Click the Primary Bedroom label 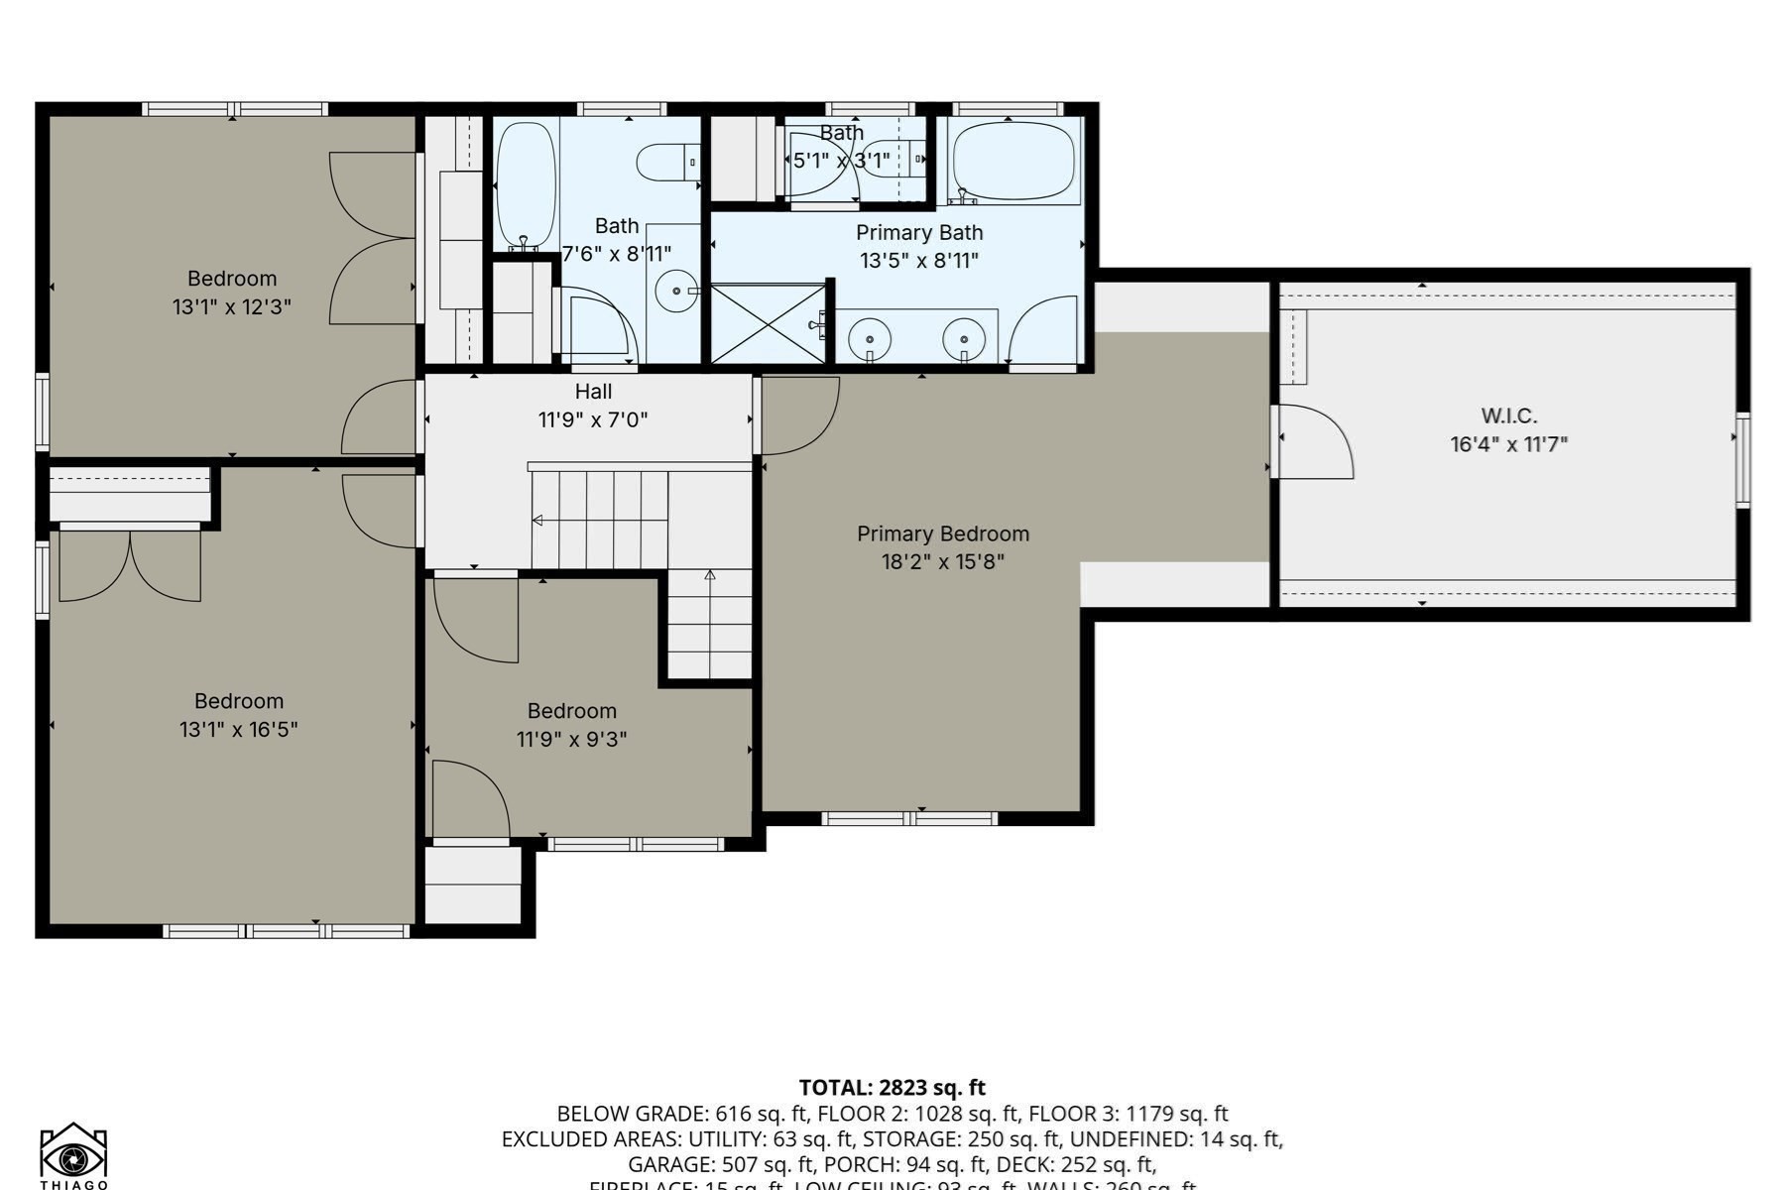[x=943, y=534]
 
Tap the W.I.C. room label [x=1508, y=416]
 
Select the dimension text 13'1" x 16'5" [x=238, y=730]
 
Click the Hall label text [x=593, y=392]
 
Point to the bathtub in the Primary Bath [x=1013, y=161]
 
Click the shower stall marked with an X [x=769, y=323]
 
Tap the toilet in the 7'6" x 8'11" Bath [x=666, y=162]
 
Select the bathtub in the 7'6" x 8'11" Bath [x=525, y=184]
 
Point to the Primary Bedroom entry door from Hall [x=799, y=415]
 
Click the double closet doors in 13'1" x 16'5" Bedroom [x=130, y=566]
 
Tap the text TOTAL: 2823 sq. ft [x=892, y=1088]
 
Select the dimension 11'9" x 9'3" [x=571, y=739]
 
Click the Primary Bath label [x=919, y=233]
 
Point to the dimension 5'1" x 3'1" [x=841, y=160]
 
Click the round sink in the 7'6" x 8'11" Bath [x=676, y=292]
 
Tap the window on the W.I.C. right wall [x=1742, y=459]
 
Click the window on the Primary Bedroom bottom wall [x=909, y=818]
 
